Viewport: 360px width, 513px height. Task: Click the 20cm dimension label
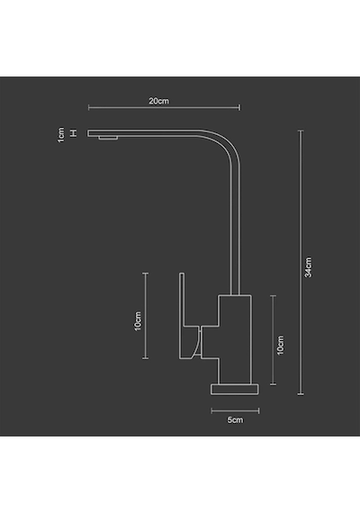159,101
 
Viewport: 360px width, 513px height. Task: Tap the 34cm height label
309,267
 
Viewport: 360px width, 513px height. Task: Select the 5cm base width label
235,419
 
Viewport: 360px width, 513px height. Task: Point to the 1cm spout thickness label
61,135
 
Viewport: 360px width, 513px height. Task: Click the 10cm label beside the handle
138,321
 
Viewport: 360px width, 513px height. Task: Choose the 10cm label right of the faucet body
280,346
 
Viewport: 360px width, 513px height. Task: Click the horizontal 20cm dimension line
165,107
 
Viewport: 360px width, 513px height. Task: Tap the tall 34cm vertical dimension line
301,263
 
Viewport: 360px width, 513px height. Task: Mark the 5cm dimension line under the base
235,411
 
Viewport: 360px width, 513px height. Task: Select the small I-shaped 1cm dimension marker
74,133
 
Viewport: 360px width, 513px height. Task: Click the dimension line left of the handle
146,316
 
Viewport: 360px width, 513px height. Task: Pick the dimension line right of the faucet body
273,340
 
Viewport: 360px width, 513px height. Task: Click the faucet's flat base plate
235,390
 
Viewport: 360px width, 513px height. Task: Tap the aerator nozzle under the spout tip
108,138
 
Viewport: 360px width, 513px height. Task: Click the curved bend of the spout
225,144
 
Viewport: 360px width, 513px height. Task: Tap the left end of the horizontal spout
88,133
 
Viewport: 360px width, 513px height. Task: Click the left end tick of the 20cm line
89,107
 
